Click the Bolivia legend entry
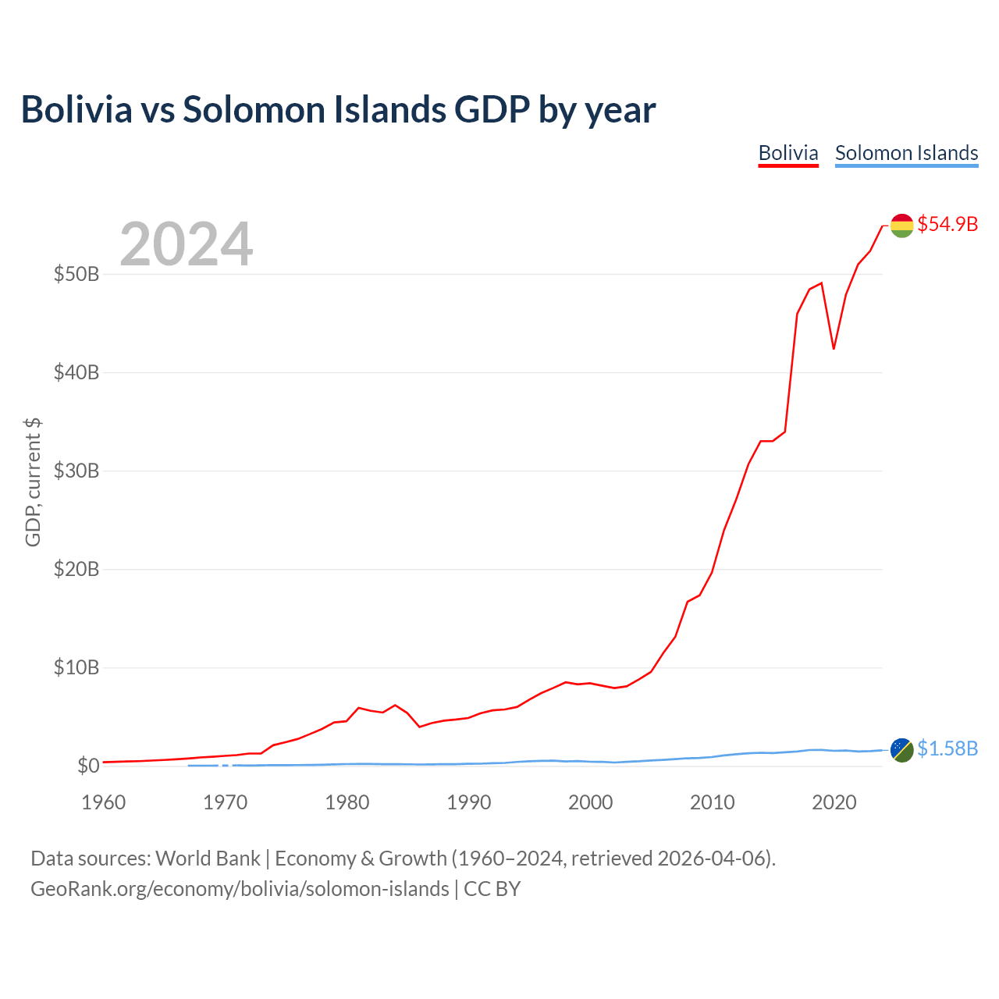pos(788,153)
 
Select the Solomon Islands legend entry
pos(906,153)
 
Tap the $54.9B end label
pos(947,224)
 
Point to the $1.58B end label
pos(947,748)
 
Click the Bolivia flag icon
pos(901,226)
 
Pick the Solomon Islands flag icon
pos(901,750)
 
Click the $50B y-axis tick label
pos(76,275)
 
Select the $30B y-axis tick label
pos(76,471)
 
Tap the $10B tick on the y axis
pos(76,668)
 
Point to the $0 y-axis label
pos(88,766)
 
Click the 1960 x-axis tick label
pos(104,802)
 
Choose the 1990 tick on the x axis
pos(469,802)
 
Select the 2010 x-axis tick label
pos(713,802)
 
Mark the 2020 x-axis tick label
pos(834,802)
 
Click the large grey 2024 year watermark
pos(187,244)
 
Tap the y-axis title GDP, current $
pos(33,482)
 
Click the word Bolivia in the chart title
pos(76,109)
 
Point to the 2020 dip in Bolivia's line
pos(834,348)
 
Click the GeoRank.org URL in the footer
pos(240,889)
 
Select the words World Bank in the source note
pos(208,859)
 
